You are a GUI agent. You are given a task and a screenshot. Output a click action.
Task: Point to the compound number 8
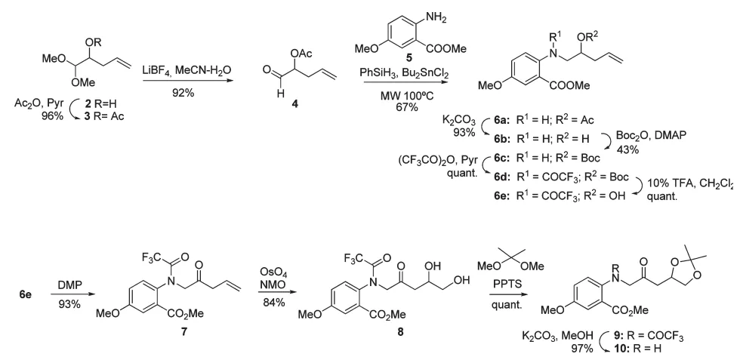point(401,331)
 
